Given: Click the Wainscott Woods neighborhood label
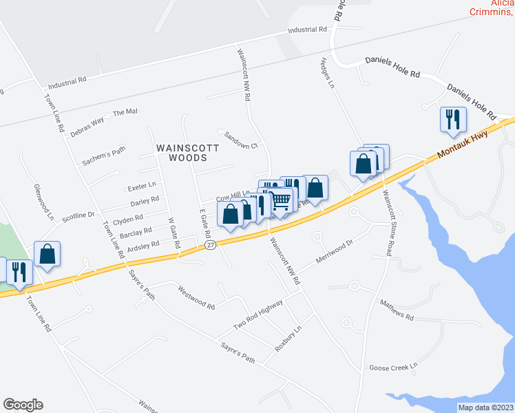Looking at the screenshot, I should (188, 153).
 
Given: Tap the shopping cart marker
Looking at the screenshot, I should (282, 200).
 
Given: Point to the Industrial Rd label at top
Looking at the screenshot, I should (308, 30).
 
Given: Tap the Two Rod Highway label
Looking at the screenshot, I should (258, 314).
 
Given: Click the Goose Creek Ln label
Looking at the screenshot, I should (394, 368).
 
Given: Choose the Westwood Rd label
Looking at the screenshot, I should (196, 297).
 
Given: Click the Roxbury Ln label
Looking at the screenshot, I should (288, 339).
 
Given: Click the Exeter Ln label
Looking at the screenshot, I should (143, 186).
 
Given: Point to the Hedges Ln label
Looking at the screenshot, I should (326, 74).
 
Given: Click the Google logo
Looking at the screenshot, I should (23, 405).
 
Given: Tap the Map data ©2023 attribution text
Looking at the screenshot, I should (485, 407).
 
